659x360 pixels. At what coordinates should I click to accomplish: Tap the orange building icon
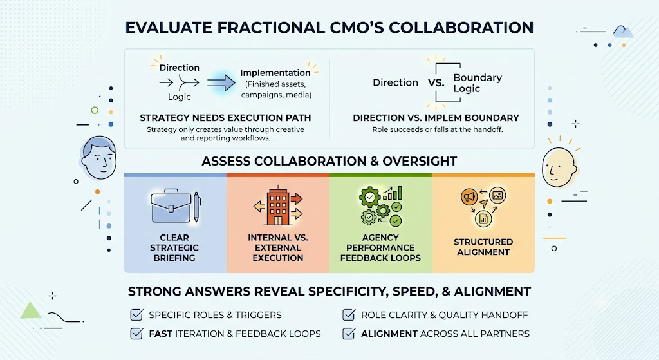[x=278, y=207]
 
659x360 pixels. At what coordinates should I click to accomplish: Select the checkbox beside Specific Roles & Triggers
[x=136, y=314]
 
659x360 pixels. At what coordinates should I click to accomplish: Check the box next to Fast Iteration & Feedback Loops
[x=136, y=334]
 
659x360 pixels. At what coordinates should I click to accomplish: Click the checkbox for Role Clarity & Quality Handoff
[x=349, y=314]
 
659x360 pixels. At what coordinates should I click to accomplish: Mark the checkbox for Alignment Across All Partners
[x=349, y=334]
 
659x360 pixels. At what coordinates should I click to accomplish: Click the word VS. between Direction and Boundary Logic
[x=436, y=83]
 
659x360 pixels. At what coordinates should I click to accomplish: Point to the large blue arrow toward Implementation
[x=221, y=82]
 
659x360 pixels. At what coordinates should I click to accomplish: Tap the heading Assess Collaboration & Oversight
[x=329, y=161]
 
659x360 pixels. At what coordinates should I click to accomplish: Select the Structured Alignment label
[x=483, y=247]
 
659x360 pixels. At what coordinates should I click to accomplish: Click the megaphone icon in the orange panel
[x=469, y=196]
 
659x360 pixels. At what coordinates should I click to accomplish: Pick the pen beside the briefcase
[x=196, y=207]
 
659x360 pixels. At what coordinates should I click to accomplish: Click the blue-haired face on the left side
[x=98, y=157]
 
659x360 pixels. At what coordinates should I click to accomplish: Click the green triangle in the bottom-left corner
[x=30, y=310]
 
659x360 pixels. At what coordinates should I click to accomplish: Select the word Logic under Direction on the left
[x=180, y=97]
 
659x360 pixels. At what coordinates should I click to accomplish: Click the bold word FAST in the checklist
[x=160, y=334]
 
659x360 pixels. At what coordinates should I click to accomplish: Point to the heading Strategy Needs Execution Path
[x=225, y=118]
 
